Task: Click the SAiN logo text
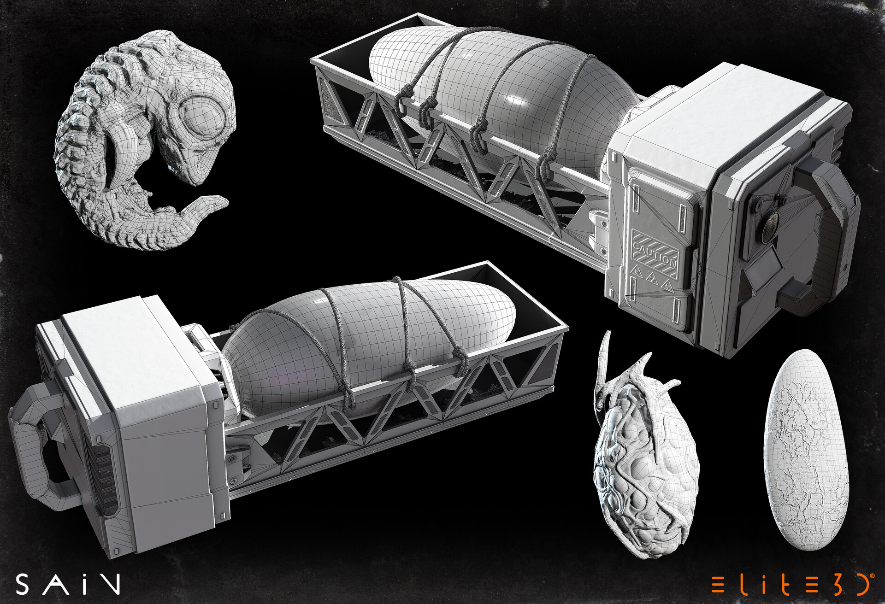(68, 584)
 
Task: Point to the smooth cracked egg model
(806, 449)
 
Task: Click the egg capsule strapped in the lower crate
(369, 341)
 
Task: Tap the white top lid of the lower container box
(134, 350)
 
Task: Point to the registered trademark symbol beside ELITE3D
(872, 576)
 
